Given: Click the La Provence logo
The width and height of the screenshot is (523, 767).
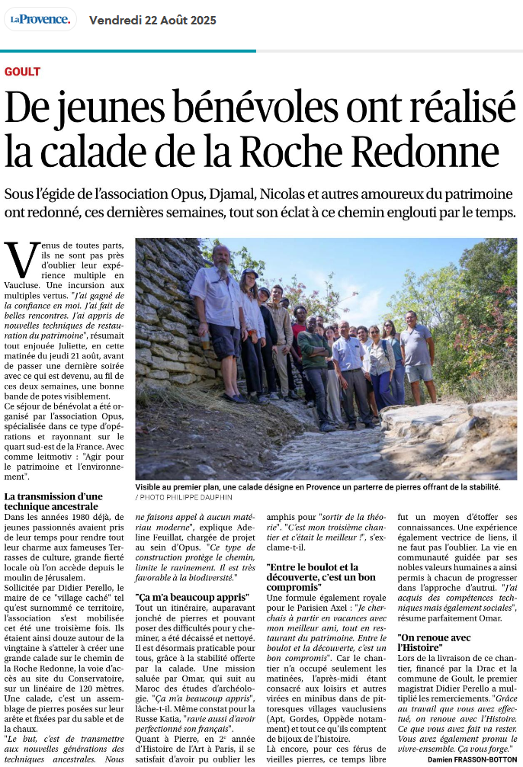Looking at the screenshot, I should click(40, 19).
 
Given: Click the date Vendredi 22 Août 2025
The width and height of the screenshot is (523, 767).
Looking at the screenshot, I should click(152, 20).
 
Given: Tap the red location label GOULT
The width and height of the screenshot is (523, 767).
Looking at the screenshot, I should click(22, 72).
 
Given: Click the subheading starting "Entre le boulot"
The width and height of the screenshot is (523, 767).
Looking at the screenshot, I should click(321, 577).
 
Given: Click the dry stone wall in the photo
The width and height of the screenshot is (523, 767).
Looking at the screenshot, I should click(164, 320).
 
